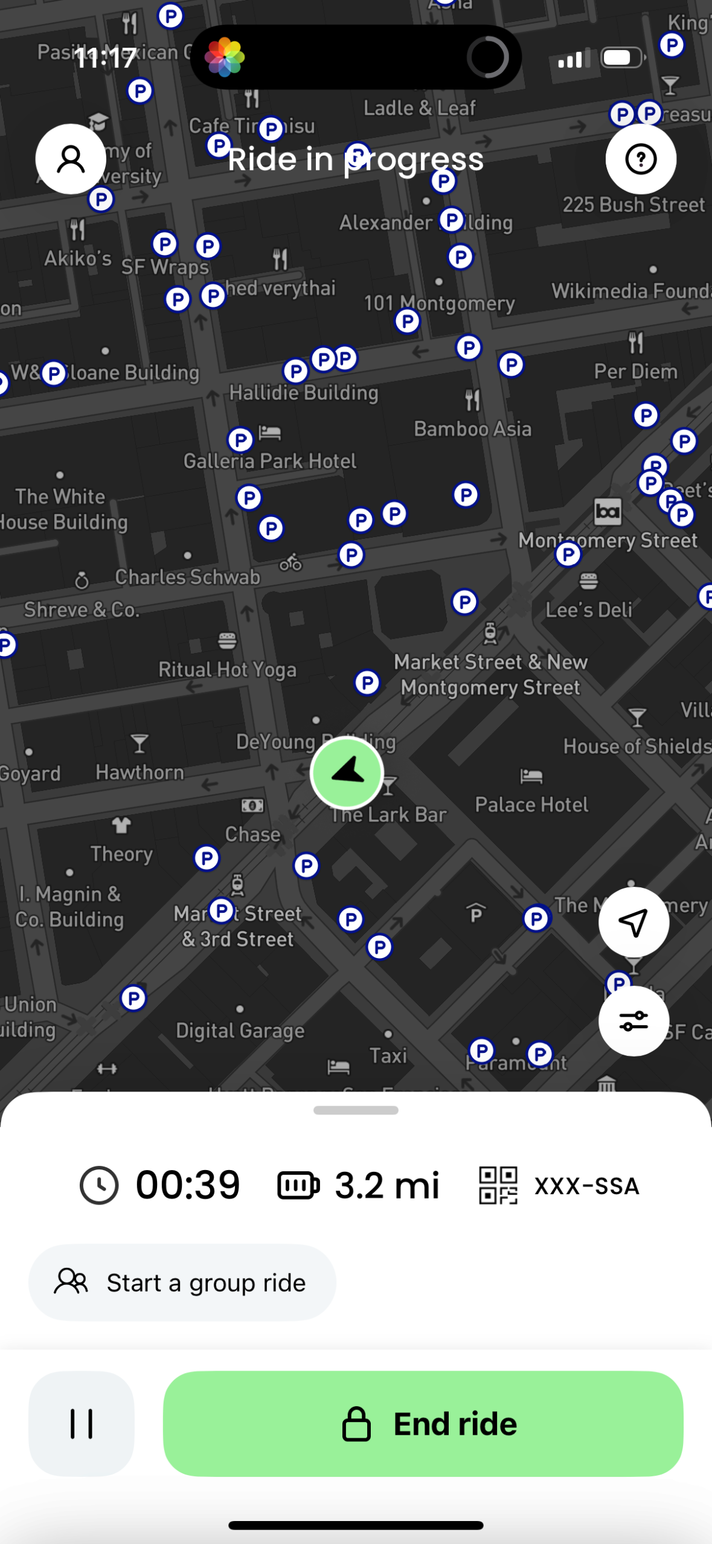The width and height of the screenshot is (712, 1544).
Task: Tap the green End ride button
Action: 423,1423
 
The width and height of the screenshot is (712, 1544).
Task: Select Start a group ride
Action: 182,1282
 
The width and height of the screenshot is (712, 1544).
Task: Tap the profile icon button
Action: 71,159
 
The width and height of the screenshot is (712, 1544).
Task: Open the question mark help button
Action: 641,159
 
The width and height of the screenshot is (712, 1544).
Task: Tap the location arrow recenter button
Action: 633,922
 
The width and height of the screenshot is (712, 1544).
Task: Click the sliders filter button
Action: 633,1021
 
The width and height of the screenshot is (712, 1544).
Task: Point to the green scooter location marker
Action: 347,772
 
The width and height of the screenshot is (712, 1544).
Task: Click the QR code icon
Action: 498,1185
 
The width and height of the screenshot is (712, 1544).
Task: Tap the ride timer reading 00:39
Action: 187,1185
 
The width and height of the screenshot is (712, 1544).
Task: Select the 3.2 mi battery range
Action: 386,1185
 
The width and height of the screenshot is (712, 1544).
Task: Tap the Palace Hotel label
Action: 531,805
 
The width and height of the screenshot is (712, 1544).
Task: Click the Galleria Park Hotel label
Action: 270,462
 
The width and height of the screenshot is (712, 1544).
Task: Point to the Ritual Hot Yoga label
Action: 227,669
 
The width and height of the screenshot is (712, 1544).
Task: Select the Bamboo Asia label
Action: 472,429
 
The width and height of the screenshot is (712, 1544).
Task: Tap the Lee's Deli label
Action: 589,610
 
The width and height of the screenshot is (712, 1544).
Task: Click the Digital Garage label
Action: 240,1031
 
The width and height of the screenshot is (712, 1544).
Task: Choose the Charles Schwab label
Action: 187,577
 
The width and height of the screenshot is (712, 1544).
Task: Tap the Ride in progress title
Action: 356,159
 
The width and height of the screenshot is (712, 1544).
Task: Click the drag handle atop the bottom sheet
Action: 356,1110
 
